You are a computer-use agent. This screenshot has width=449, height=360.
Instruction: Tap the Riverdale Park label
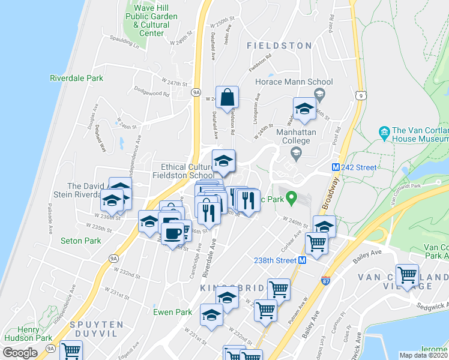point(77,78)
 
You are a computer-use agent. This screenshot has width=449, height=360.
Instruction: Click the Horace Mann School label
point(303,82)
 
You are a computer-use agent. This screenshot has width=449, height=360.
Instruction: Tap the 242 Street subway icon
point(337,167)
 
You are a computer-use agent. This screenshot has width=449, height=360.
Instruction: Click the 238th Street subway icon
point(303,260)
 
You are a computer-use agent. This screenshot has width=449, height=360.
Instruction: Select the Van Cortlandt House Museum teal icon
point(383,131)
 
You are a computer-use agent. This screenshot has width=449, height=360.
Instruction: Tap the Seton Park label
point(81,241)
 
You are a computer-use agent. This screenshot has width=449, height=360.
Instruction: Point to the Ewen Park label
point(172,312)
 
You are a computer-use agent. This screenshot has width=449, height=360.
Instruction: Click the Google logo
point(20,353)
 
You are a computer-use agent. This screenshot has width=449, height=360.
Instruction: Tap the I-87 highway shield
point(325,280)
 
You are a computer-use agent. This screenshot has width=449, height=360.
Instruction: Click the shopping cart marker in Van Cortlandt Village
point(408,275)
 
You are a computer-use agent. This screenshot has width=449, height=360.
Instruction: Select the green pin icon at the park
point(291,196)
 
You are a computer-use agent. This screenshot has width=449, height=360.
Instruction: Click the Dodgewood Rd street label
point(152,94)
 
